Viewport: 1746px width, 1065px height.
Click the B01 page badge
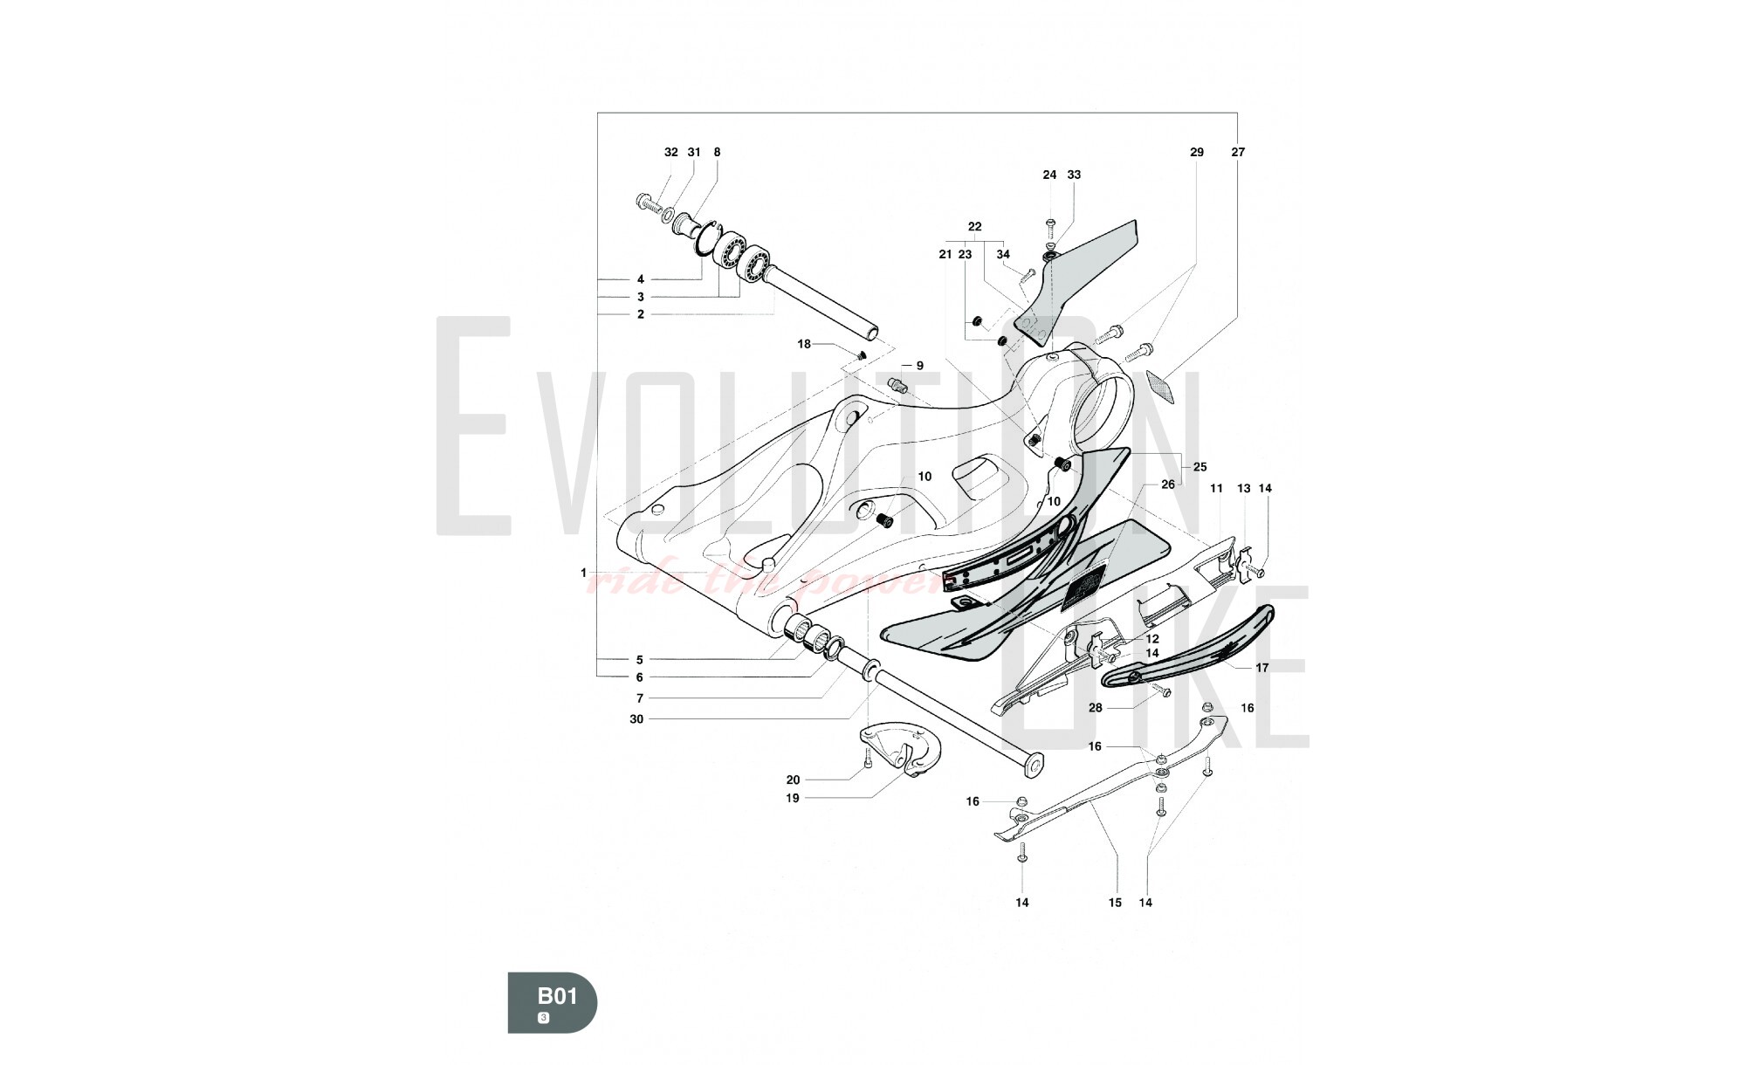tap(553, 1002)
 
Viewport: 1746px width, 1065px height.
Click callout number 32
tap(670, 152)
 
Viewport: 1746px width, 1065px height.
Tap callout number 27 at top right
tap(1238, 152)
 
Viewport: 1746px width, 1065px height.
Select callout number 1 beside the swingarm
tap(583, 573)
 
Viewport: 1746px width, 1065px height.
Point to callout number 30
tap(636, 719)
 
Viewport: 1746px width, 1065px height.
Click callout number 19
tap(793, 798)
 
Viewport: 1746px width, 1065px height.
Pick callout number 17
tap(1261, 668)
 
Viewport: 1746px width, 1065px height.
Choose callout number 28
tap(1095, 708)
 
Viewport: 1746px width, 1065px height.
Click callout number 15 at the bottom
tap(1115, 903)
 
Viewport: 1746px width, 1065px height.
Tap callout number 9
tap(919, 366)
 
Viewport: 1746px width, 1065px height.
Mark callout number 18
tap(804, 344)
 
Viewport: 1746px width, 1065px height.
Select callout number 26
tap(1167, 484)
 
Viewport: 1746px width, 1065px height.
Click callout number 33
tap(1074, 175)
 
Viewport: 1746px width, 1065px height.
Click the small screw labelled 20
tap(867, 763)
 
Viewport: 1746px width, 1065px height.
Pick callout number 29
tap(1196, 152)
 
